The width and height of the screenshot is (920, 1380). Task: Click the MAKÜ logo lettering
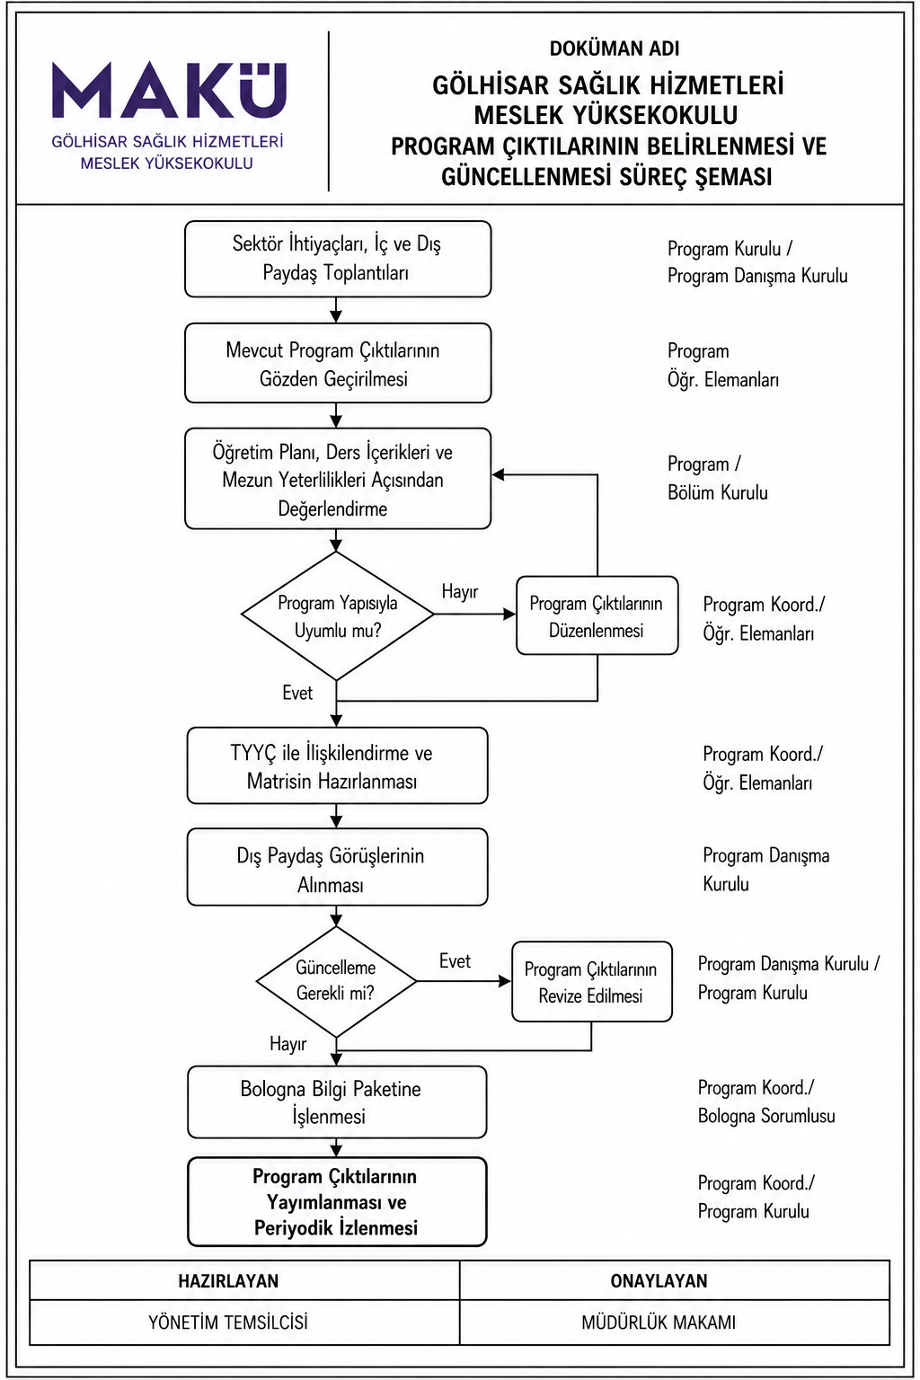point(170,90)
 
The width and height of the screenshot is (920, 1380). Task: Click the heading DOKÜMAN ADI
point(615,49)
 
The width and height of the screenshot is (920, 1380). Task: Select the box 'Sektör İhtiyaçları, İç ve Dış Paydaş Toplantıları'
point(338,259)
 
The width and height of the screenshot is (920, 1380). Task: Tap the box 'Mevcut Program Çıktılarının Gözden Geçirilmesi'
point(338,364)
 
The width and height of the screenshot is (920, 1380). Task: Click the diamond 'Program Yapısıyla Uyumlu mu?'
point(337,615)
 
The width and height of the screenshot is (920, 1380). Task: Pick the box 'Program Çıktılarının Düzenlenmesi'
point(597,615)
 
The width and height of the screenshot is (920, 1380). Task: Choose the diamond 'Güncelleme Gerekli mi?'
point(336,981)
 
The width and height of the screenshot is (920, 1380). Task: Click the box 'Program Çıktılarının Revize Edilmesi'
point(591,982)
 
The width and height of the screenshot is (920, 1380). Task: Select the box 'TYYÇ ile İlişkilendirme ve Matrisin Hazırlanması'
point(337,765)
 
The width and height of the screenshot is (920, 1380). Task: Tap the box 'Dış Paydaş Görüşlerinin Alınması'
point(337,867)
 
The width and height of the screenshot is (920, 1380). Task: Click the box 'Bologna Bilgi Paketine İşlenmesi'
point(337,1102)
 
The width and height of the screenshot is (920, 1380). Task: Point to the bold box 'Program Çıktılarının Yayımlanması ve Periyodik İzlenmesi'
point(337,1202)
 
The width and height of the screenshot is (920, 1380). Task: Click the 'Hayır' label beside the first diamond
point(460,591)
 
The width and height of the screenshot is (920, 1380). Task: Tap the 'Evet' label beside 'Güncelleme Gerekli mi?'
point(455,961)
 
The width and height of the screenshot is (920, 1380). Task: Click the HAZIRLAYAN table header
point(228,1281)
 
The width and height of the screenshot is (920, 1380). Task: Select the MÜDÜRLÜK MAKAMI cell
point(659,1322)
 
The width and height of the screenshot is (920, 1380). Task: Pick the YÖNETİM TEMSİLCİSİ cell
point(228,1322)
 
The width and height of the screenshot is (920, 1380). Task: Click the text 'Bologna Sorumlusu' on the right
point(766,1116)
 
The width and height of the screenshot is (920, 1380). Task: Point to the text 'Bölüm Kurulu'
point(718,492)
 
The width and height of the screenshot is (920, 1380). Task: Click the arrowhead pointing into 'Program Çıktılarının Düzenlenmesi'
point(509,615)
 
